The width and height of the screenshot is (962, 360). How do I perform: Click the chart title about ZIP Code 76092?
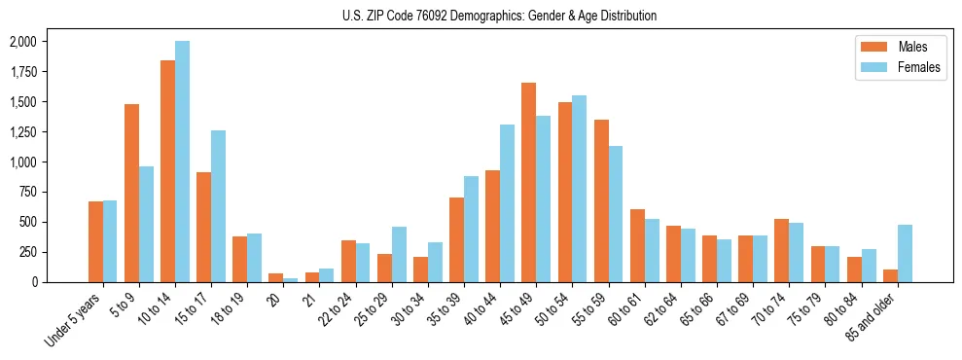499,16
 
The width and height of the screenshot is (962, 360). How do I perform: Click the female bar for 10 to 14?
183,162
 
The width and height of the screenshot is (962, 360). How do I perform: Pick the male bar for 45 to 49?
529,182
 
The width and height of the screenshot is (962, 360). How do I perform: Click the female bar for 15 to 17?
219,206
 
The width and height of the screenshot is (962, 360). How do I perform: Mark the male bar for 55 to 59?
601,200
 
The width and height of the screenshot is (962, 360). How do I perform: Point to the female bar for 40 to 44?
508,203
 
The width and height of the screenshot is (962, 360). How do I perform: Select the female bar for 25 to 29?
400,254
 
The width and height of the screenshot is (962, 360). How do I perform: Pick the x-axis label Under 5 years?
74,320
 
